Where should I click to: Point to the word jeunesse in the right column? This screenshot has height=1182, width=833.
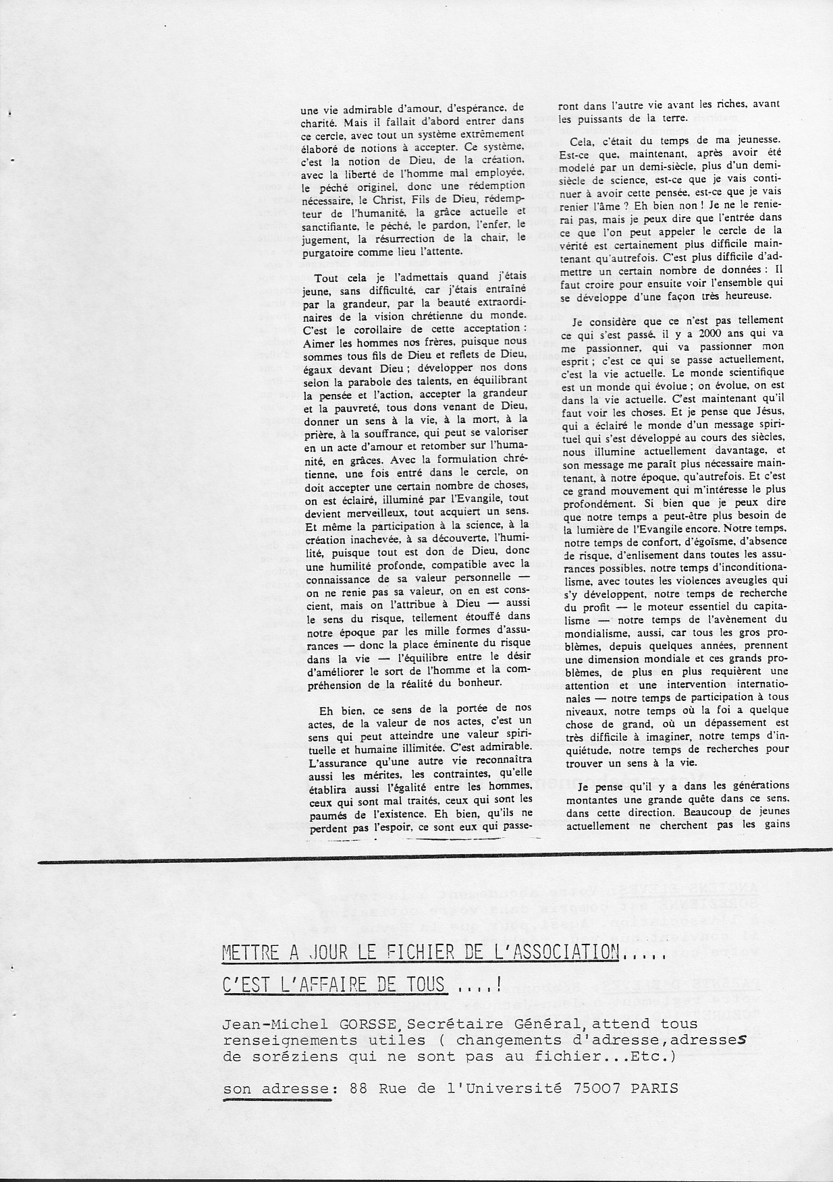757,142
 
